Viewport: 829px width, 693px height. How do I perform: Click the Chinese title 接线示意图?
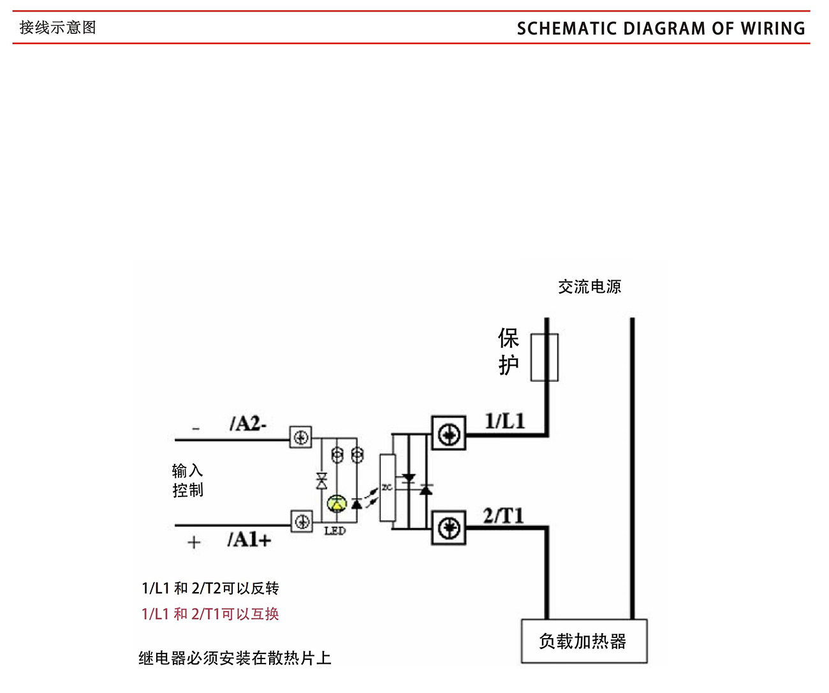coord(58,27)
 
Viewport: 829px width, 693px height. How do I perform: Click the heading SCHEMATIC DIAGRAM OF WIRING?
coord(661,29)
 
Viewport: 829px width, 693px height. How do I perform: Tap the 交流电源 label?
coord(589,287)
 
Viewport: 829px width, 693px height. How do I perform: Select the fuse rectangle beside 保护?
coord(545,357)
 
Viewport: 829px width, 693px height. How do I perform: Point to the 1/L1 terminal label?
coord(504,421)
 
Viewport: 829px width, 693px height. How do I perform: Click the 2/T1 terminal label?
coord(503,516)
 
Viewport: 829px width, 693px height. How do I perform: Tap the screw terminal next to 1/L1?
coord(449,434)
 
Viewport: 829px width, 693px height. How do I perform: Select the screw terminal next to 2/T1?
coord(449,528)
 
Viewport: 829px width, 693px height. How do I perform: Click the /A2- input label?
coord(247,424)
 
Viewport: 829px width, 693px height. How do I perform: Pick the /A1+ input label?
coord(249,540)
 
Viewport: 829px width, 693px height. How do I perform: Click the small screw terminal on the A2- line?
coord(301,438)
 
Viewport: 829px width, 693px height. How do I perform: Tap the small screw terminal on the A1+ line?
coord(302,521)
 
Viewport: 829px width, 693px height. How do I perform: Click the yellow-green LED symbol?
coord(336,504)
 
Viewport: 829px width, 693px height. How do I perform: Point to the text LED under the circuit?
coord(335,531)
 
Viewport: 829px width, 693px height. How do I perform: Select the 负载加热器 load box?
coord(583,641)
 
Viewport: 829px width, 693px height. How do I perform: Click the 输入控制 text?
coord(187,481)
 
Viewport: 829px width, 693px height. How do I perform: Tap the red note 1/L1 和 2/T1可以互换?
coord(210,614)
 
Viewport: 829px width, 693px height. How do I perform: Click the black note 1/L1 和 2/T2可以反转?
coord(210,588)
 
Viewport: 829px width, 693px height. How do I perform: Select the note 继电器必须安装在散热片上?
coord(235,658)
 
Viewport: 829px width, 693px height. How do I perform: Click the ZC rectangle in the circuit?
coord(387,488)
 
